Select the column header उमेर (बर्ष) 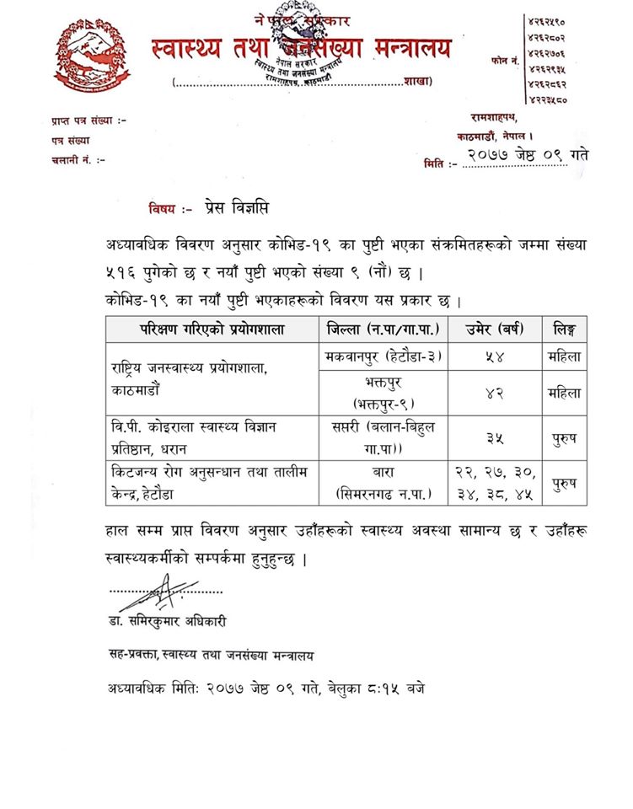click(x=491, y=328)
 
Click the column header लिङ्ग click(x=563, y=328)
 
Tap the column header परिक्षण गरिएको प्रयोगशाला click(x=212, y=328)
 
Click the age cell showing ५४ click(x=491, y=356)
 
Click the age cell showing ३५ click(x=491, y=437)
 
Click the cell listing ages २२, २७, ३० click(x=491, y=483)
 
